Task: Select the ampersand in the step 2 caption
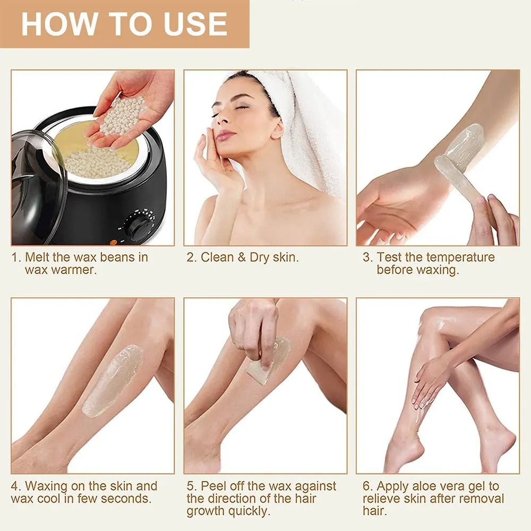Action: (x=241, y=258)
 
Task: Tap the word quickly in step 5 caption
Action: (x=250, y=512)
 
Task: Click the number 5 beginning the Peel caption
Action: (x=190, y=486)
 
